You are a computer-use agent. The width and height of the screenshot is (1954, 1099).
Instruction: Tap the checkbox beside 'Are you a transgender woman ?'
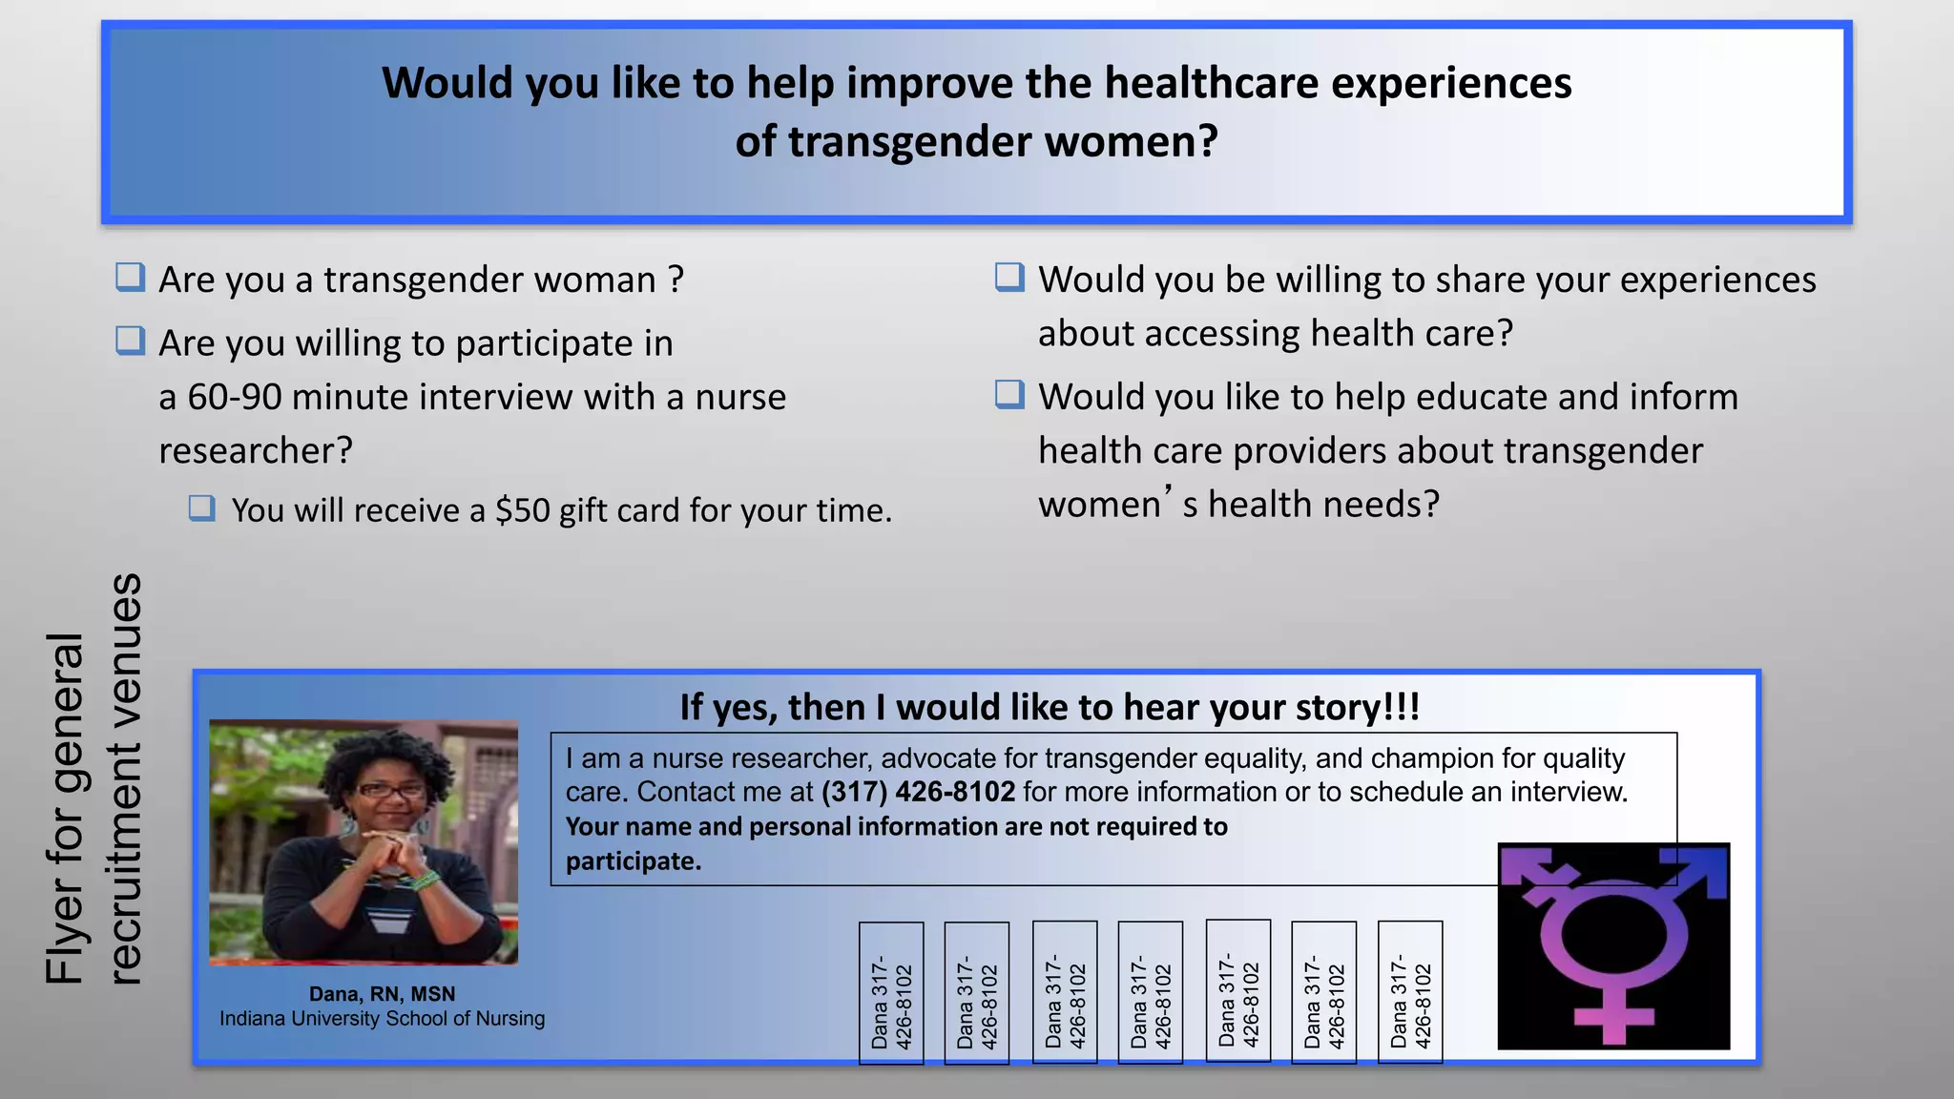[x=130, y=278]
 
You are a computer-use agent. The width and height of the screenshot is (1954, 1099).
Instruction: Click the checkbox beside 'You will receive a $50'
[x=201, y=508]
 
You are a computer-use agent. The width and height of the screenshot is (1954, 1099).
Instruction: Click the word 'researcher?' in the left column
[x=256, y=450]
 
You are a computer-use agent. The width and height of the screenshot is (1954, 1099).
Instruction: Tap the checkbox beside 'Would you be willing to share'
[x=1009, y=278]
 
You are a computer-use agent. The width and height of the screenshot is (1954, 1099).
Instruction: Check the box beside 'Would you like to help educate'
[x=1009, y=394]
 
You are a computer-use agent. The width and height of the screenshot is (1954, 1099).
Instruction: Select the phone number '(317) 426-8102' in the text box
[x=918, y=792]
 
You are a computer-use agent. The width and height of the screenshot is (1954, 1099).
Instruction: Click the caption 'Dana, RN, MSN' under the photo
[x=382, y=994]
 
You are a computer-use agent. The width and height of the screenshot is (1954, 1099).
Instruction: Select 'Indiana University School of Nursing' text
[x=382, y=1019]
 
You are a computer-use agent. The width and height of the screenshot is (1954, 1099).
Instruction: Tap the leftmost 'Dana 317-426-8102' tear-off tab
[x=891, y=992]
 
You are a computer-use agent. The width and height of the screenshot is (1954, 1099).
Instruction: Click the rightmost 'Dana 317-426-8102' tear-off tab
[x=1410, y=992]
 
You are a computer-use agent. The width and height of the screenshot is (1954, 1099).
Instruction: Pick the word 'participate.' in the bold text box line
[x=634, y=861]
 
